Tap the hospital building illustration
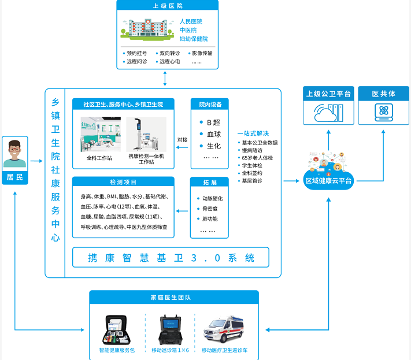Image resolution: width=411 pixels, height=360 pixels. point(146,29)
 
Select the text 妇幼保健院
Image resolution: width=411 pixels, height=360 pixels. point(194,39)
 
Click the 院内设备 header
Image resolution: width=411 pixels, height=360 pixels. point(210,105)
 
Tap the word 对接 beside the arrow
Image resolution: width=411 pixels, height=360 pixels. point(183,139)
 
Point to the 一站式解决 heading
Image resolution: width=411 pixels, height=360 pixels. point(253,133)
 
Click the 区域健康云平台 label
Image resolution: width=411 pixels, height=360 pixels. point(329,181)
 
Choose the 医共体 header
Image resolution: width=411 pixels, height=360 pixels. point(383,93)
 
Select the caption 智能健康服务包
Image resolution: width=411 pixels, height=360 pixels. point(117,350)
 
